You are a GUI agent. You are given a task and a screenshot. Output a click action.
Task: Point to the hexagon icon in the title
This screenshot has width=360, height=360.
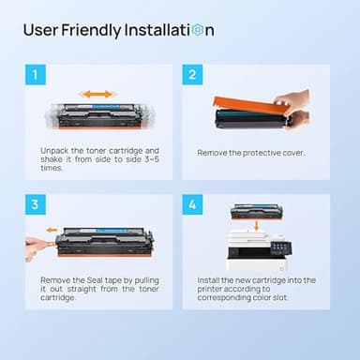pos(197,30)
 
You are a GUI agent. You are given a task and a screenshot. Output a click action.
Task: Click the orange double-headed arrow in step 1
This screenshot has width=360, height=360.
pos(97,94)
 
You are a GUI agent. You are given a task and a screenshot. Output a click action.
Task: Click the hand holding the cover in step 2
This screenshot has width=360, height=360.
pos(297,107)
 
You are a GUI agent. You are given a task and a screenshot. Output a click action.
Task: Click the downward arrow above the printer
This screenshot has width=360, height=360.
pos(256,224)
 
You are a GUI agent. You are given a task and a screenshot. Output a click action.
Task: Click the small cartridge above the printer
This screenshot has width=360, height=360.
pos(255,211)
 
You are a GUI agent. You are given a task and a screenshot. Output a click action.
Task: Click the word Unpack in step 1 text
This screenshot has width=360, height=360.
pos(54,150)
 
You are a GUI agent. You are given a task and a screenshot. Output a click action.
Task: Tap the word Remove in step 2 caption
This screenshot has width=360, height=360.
pos(214,152)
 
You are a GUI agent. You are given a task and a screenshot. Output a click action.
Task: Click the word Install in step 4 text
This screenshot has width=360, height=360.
pos(211,279)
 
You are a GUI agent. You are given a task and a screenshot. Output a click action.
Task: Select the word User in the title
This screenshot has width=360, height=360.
pos(40,30)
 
